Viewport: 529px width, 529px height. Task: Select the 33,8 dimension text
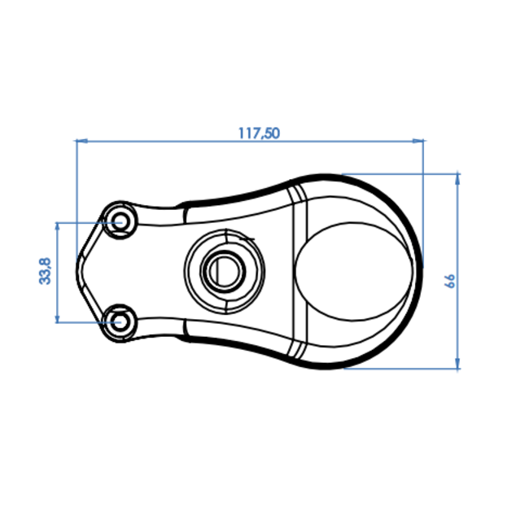tap(45, 270)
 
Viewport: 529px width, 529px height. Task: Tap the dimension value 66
tap(448, 280)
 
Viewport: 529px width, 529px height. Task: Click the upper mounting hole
tap(122, 221)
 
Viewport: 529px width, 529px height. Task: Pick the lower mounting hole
tap(122, 320)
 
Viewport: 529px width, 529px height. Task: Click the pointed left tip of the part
tap(77, 269)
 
